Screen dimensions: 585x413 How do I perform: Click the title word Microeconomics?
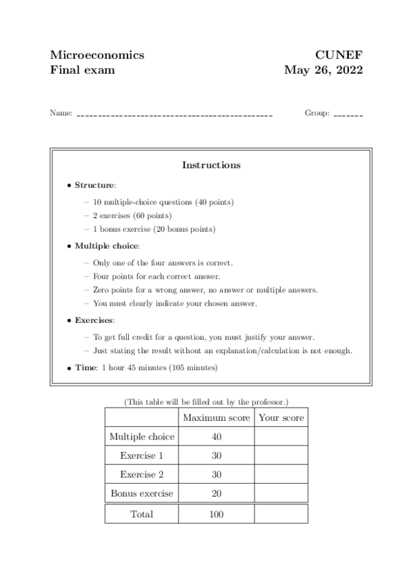coord(97,55)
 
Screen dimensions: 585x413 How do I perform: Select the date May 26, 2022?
coord(323,70)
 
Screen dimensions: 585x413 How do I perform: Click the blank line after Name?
coord(174,115)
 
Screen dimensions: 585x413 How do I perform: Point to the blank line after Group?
coord(347,115)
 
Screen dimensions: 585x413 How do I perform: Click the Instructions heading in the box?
coord(211,165)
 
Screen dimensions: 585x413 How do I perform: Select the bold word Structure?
coord(95,185)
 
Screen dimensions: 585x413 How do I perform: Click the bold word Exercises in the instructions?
coord(94,320)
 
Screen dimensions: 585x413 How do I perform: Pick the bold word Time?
coord(85,368)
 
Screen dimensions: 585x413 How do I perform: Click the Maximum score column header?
coord(216,418)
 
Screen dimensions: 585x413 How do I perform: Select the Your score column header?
coord(281,418)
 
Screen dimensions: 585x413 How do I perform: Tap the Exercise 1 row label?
coord(141,456)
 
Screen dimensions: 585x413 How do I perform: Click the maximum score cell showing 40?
coord(216,437)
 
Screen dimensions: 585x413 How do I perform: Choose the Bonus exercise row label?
coord(141,494)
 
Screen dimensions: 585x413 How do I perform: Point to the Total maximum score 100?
coord(216,514)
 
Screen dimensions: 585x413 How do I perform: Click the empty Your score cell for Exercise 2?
coord(281,475)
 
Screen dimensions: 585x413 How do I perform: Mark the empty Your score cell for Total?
coord(281,514)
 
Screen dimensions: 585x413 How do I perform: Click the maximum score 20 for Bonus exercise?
coord(216,494)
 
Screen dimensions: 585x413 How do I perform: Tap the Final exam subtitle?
coord(83,70)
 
